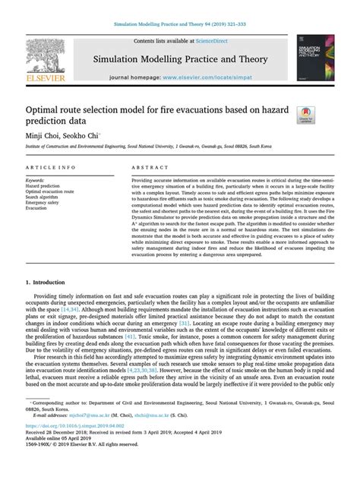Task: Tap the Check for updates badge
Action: tap(307, 115)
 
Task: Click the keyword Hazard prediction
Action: tap(43, 185)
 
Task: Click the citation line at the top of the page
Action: tap(179, 25)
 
